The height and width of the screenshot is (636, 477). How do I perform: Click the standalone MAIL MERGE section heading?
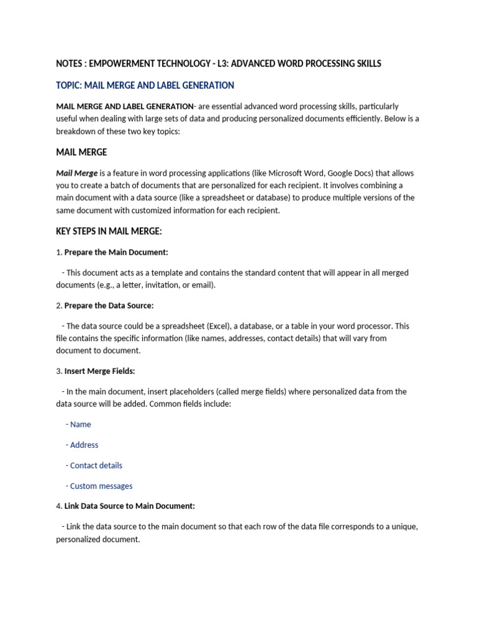click(81, 152)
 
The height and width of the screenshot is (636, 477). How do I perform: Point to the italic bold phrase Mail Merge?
click(76, 173)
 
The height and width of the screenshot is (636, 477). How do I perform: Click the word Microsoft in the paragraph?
click(299, 173)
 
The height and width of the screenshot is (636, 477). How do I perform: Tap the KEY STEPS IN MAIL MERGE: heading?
click(109, 232)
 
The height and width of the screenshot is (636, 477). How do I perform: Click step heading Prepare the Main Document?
click(116, 252)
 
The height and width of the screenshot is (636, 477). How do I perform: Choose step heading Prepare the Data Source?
click(109, 306)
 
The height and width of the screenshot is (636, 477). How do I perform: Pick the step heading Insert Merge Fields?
click(99, 371)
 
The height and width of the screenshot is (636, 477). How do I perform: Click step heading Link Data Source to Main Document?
click(129, 506)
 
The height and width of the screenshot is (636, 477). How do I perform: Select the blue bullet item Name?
click(80, 425)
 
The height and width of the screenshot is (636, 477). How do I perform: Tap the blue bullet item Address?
click(84, 445)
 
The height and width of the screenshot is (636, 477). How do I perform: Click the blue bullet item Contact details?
click(96, 466)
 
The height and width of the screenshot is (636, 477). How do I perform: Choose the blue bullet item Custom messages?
click(101, 486)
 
